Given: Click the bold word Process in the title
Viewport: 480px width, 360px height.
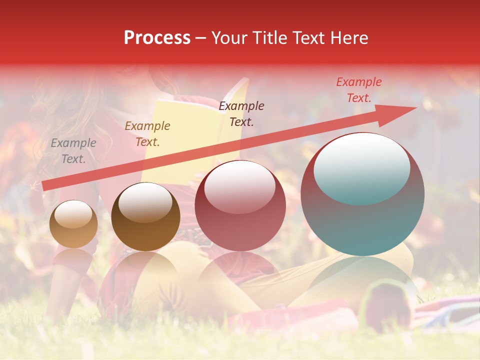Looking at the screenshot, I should point(157,38).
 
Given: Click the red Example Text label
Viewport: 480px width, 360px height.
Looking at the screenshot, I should point(359,90).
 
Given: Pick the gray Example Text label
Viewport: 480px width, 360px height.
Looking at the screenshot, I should point(73,151).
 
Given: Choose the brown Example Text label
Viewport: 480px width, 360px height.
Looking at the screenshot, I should point(147,134).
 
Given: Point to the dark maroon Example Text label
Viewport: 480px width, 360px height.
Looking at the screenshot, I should point(241,113).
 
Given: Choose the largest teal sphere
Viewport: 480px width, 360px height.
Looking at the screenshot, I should point(362,220).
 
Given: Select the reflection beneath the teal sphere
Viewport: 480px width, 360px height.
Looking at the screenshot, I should point(362,280).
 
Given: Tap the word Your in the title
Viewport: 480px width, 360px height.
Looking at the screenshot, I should point(228,38).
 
